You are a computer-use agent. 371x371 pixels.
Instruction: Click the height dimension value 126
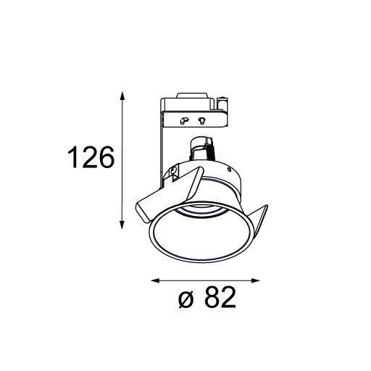91,157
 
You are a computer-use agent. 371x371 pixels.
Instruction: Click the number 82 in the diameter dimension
220,297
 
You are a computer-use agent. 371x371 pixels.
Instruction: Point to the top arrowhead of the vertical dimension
122,96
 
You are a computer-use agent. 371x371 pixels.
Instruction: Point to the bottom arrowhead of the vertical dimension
122,225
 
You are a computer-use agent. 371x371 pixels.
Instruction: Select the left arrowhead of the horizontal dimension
155,280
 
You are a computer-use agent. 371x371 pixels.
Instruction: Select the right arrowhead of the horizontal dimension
255,280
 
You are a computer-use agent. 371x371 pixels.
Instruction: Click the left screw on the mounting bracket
184,120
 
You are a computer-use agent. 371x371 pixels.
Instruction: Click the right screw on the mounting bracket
201,120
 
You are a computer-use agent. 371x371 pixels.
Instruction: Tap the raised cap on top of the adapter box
192,95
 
